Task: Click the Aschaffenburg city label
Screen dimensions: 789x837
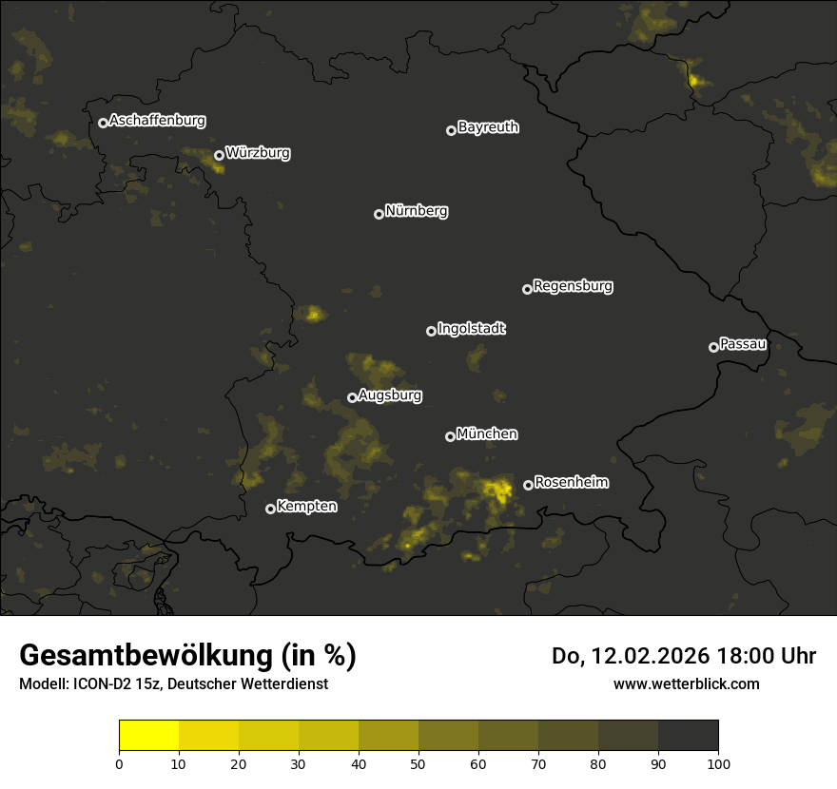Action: point(157,121)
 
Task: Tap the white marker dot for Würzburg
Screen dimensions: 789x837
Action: point(219,155)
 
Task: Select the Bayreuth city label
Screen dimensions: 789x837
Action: point(488,127)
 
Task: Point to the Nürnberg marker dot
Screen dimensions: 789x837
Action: point(379,214)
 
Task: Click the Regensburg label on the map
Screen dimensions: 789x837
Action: point(573,286)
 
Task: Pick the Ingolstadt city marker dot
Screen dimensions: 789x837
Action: point(431,331)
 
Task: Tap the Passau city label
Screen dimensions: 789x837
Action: point(743,344)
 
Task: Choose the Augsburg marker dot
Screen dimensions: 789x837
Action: point(352,397)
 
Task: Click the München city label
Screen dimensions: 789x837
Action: point(487,434)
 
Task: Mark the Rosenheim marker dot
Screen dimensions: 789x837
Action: point(528,486)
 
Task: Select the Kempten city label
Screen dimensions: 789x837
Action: point(306,507)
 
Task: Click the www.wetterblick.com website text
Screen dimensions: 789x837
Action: point(686,683)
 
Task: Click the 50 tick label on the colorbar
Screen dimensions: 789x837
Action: point(418,763)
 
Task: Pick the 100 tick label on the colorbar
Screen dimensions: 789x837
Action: point(718,763)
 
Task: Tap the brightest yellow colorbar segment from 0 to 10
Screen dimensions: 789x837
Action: point(148,736)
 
